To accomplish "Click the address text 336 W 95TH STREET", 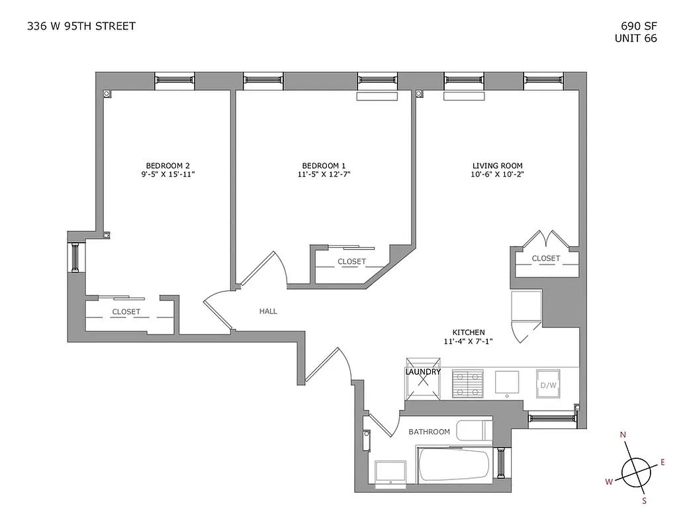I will [x=81, y=26].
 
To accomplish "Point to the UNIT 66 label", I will [x=636, y=38].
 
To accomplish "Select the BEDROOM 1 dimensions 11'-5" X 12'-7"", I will [x=324, y=175].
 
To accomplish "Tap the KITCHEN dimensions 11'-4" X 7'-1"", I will [x=469, y=341].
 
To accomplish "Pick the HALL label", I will [x=268, y=311].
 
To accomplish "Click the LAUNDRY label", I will [x=423, y=372].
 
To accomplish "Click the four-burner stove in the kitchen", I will [x=469, y=383].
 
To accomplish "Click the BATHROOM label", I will [x=429, y=432].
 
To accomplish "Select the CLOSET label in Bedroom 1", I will [x=351, y=262].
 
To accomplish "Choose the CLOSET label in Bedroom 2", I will [x=126, y=312].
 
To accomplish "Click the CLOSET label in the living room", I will [x=546, y=259].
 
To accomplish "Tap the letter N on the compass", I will [x=623, y=435].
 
